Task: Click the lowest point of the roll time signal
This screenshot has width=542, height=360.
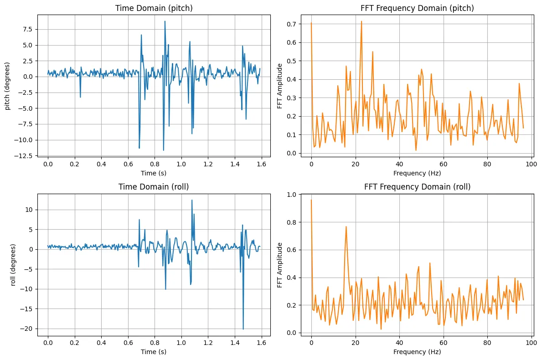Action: (243, 329)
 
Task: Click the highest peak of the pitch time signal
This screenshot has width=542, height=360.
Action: (165, 21)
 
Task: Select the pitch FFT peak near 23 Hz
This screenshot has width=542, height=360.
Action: (361, 21)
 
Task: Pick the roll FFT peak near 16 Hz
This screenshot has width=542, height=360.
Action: (346, 226)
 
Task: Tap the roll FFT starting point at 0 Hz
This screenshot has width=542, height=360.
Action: (311, 200)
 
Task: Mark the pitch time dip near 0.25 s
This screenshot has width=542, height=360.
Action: (80, 97)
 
